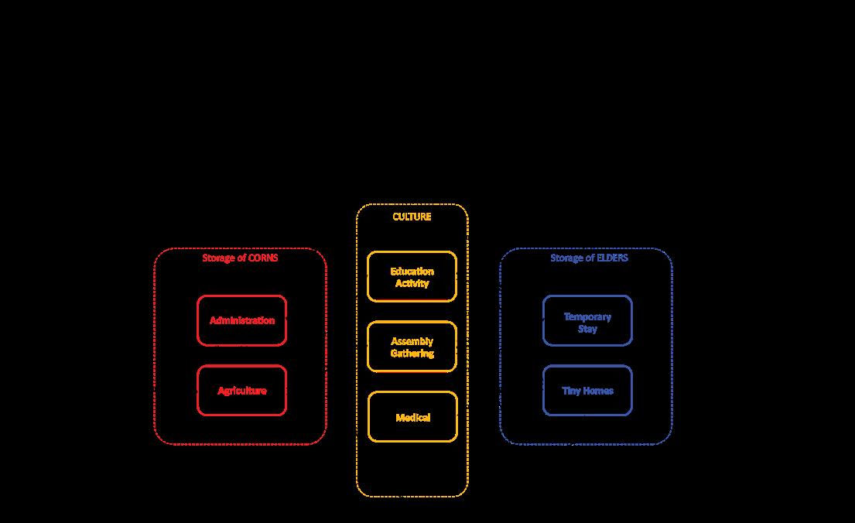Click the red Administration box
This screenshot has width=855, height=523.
pos(241,320)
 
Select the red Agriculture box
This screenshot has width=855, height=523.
pos(241,391)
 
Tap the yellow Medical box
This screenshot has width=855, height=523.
pos(412,417)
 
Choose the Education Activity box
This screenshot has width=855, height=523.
pos(412,277)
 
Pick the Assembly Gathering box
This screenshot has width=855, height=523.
pos(412,347)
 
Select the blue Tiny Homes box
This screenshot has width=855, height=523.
pos(587,391)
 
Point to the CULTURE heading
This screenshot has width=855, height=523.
pos(412,217)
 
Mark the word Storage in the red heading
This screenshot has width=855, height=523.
pos(218,258)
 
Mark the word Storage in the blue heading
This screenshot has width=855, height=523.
pos(566,258)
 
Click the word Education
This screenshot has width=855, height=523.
pos(412,272)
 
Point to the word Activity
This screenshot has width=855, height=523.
pos(412,283)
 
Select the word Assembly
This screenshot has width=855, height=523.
pos(412,341)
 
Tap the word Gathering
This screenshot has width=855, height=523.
pos(412,354)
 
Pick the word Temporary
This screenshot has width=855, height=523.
pos(587,317)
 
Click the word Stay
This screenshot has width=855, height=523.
pos(587,329)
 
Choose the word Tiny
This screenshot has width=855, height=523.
pos(571,391)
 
